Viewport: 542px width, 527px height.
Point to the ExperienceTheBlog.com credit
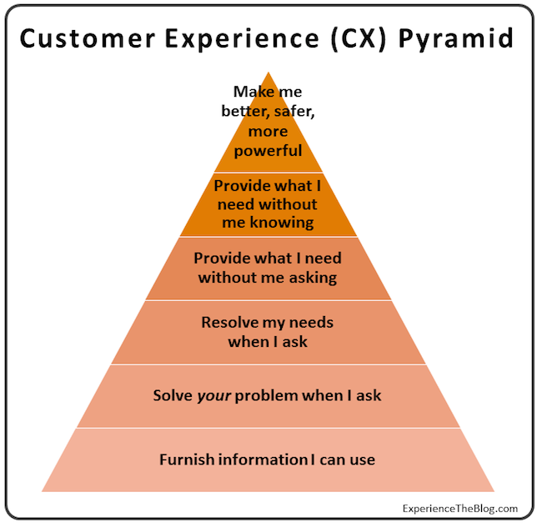click(x=461, y=508)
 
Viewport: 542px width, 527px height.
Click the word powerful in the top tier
click(x=268, y=151)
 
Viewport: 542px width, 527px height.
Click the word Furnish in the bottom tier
click(x=186, y=459)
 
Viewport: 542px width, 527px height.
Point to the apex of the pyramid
click(x=268, y=74)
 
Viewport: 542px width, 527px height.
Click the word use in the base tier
click(x=363, y=460)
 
